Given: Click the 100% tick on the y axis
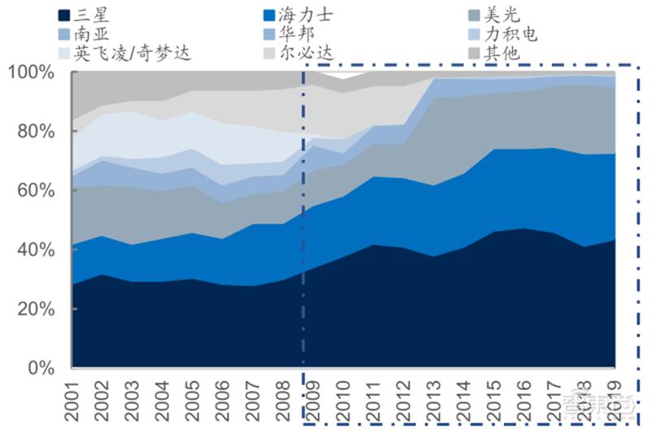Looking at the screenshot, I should click(x=32, y=72).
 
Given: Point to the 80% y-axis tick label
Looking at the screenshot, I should click(x=36, y=132).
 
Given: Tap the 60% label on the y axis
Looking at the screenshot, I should click(x=36, y=191).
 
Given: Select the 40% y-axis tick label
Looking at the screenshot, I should click(x=36, y=250).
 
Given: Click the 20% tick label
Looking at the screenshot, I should click(x=36, y=310).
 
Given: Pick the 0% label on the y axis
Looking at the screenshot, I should click(x=41, y=369).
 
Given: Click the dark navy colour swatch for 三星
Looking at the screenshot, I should click(x=63, y=15).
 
